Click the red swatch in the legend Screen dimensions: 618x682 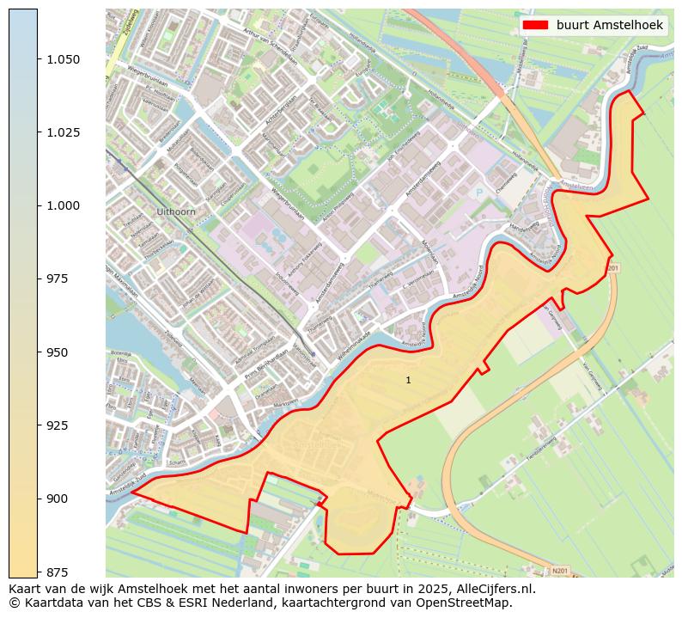536,26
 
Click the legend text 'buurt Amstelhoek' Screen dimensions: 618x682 609,26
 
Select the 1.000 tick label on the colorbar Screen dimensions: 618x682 64,205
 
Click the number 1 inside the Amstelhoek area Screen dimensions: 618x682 408,380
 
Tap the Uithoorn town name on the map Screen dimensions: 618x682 178,211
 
